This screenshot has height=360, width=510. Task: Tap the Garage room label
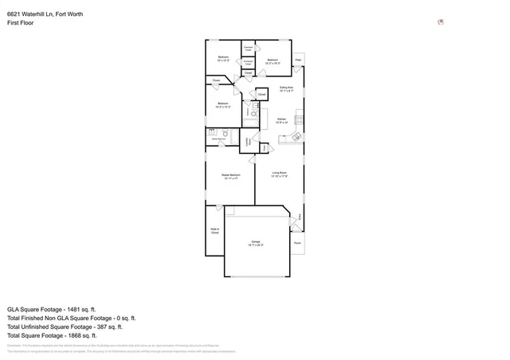pos(256,242)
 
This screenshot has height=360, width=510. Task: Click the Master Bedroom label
pos(230,176)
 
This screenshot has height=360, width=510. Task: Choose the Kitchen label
pos(281,121)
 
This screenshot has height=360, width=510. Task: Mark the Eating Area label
pos(286,89)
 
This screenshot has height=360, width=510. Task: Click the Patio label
pos(298,60)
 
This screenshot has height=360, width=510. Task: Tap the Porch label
pos(297,243)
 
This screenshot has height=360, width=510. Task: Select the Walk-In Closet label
pos(214,232)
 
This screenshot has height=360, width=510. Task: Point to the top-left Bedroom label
pos(224,58)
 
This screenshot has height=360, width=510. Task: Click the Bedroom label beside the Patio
pos(273,61)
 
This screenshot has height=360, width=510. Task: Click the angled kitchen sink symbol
pos(292,138)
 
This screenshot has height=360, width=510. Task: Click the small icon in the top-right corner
pos(441,22)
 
